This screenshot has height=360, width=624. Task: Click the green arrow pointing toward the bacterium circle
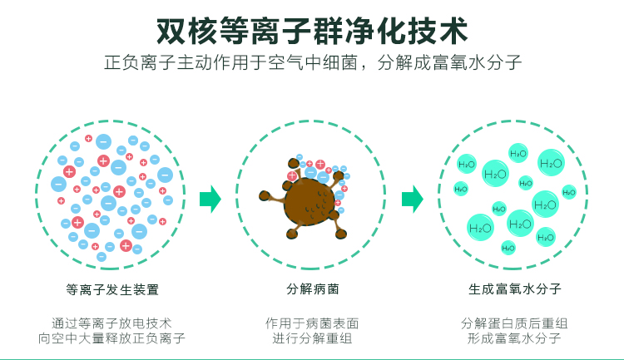[210, 199]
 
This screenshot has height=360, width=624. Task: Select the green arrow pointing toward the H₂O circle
[412, 199]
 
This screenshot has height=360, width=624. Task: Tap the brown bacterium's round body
[308, 201]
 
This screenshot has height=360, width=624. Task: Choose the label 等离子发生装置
[111, 290]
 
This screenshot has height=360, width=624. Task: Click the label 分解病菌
[312, 290]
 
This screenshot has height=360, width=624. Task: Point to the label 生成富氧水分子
[514, 290]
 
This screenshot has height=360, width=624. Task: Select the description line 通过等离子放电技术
[111, 323]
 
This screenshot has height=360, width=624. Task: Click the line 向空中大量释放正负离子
[111, 338]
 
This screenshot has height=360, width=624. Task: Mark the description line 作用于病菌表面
[312, 323]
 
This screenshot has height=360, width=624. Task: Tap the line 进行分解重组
[312, 338]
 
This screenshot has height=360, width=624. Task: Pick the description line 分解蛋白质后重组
[514, 323]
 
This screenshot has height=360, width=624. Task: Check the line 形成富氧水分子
[514, 338]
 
